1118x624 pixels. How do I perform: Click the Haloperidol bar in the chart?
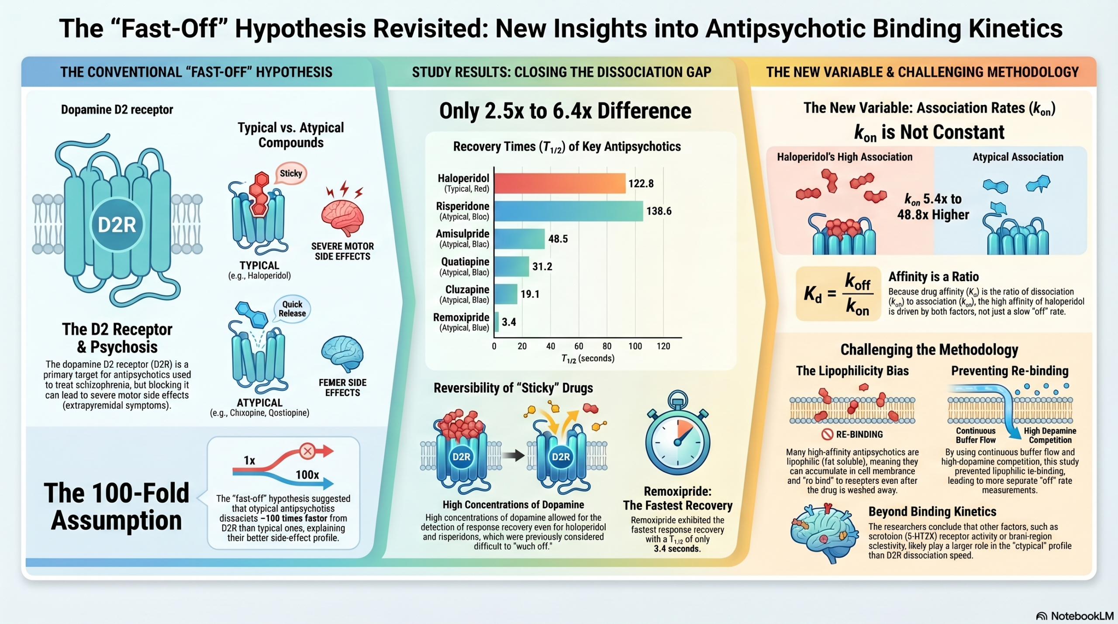tap(560, 183)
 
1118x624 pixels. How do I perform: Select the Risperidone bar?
tap(569, 211)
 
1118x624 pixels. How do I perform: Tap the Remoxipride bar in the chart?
tap(497, 322)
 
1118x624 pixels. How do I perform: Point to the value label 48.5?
tap(558, 239)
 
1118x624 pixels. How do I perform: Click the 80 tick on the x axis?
tap(607, 346)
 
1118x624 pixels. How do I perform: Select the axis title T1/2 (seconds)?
tap(588, 359)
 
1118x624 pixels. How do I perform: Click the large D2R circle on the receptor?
tap(117, 225)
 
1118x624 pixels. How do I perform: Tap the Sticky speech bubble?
tap(291, 174)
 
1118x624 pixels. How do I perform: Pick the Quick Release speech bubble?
tap(292, 309)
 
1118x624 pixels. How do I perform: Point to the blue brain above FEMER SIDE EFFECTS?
tap(342, 353)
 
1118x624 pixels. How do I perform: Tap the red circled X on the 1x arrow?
tap(307, 451)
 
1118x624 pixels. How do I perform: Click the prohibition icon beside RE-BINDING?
tap(827, 434)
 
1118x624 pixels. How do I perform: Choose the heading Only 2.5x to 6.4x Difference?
tap(565, 111)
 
